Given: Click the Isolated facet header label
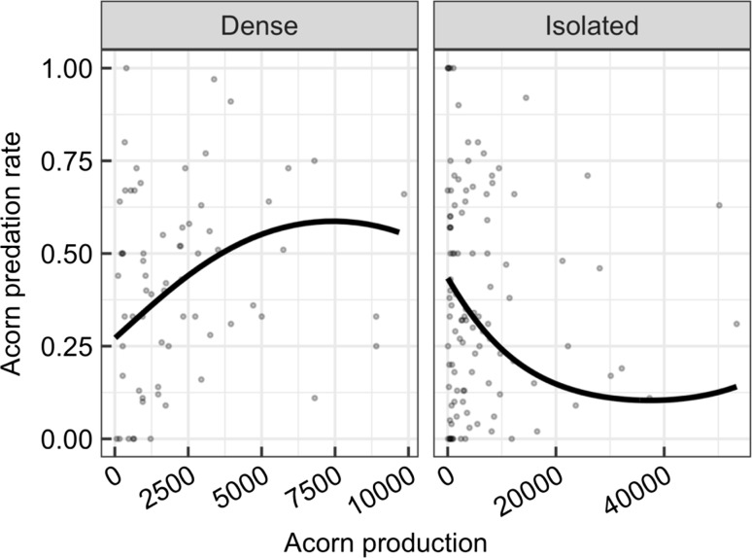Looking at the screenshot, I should (x=591, y=25).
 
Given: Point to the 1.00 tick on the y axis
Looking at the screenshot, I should (x=67, y=68).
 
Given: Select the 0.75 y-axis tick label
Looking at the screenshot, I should (x=67, y=161).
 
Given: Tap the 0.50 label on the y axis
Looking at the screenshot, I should (x=67, y=254).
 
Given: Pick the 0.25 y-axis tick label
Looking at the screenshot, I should (x=67, y=346).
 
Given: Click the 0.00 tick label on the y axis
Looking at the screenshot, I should (x=67, y=439).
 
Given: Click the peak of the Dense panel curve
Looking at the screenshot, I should (x=332, y=221).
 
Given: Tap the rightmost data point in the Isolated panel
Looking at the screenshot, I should (x=736, y=324).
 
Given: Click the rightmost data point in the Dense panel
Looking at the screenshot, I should (x=403, y=194).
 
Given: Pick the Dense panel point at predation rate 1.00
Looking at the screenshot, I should (x=126, y=68).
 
